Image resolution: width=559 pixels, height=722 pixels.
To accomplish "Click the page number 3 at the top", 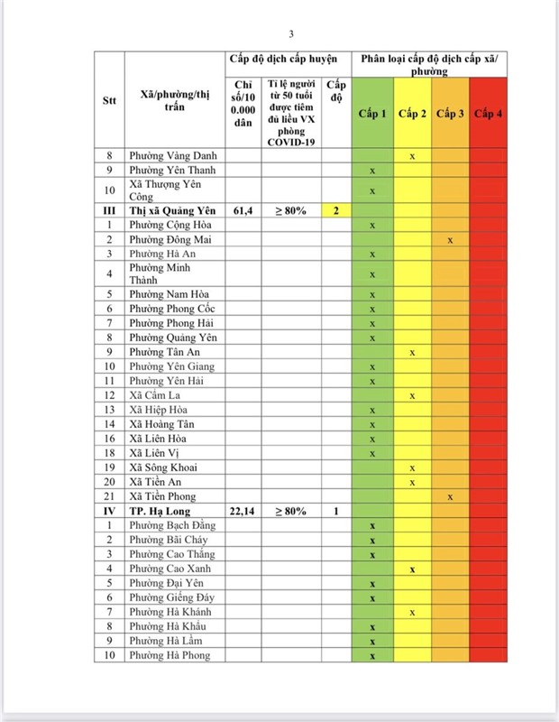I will (291, 34).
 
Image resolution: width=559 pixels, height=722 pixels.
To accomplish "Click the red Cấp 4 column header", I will (488, 114).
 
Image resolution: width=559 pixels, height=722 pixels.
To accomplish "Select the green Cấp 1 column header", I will (371, 114).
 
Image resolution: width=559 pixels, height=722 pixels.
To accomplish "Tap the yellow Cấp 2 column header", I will (412, 114).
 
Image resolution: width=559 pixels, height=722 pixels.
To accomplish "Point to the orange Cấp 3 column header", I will (450, 114).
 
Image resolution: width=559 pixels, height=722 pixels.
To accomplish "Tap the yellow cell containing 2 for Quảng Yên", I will (335, 210).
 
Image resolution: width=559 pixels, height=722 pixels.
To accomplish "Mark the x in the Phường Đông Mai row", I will (450, 240).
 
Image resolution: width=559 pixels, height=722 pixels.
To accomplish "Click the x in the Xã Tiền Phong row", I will (450, 496).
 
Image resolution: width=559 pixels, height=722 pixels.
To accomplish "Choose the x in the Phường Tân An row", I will (412, 352).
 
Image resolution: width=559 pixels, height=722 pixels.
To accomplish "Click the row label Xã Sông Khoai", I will (162, 467).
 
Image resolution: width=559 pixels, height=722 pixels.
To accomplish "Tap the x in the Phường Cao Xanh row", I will (412, 569).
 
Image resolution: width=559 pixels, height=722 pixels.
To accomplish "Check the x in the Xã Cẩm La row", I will (412, 395).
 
